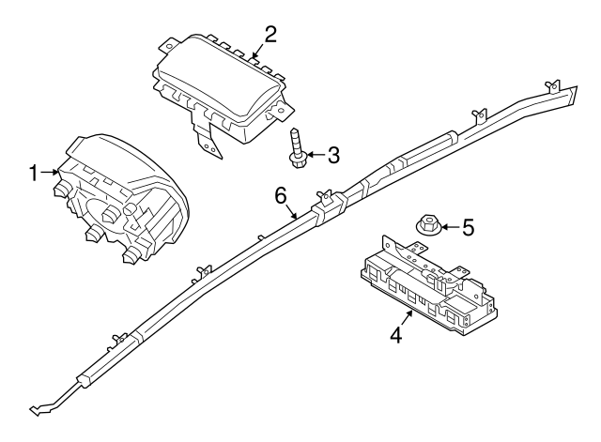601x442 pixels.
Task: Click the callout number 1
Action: (x=34, y=173)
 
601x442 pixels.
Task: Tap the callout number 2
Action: (x=270, y=35)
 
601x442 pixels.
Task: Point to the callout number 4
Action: (x=396, y=333)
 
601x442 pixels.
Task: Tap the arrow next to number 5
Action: (x=451, y=226)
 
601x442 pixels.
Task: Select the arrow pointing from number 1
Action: (x=51, y=173)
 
